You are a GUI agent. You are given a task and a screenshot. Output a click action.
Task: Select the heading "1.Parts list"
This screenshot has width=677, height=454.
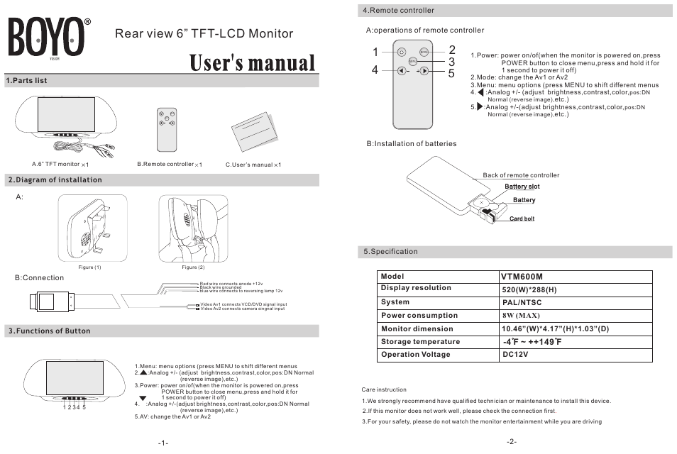pyautogui.click(x=27, y=81)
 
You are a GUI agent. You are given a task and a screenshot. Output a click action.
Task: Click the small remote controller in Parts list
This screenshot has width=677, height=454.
pyautogui.click(x=167, y=128)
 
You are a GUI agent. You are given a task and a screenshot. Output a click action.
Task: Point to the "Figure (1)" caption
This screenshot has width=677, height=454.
pyautogui.click(x=89, y=267)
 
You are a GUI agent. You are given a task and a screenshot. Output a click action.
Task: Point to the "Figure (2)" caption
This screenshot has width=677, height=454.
pyautogui.click(x=193, y=267)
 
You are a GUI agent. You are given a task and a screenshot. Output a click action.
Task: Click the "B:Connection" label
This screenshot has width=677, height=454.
pyautogui.click(x=40, y=277)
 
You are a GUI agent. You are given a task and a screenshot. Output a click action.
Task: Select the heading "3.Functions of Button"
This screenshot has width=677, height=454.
pyautogui.click(x=49, y=331)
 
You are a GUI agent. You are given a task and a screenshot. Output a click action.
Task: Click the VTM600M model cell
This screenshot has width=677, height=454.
pyautogui.click(x=522, y=277)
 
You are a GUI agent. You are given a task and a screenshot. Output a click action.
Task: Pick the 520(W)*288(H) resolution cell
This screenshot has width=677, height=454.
pyautogui.click(x=529, y=289)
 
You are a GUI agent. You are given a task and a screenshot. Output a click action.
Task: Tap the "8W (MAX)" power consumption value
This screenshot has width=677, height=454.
pyautogui.click(x=522, y=315)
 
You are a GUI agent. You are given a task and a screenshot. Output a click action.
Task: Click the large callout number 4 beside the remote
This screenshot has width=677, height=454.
pyautogui.click(x=375, y=70)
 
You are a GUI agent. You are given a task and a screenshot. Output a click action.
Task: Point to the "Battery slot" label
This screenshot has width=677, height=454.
pyautogui.click(x=522, y=187)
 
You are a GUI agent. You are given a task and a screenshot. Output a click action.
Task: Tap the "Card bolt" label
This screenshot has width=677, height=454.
pyautogui.click(x=522, y=218)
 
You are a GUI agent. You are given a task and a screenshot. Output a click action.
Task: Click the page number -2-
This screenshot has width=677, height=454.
pyautogui.click(x=511, y=441)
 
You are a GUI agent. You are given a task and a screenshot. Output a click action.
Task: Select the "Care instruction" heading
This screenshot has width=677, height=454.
pyautogui.click(x=384, y=389)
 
